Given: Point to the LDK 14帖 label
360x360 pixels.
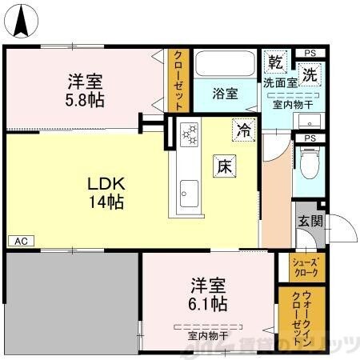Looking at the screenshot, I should [106, 193].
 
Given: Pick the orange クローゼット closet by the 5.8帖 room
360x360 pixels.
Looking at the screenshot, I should [178, 81].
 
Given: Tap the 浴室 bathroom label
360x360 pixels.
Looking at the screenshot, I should [225, 94].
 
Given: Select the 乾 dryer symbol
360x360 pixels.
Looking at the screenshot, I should [275, 62].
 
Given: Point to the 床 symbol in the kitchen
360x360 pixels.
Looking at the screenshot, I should [223, 166].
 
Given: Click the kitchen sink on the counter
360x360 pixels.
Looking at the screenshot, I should [189, 192].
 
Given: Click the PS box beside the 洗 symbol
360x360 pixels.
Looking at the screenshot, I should [310, 54].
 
